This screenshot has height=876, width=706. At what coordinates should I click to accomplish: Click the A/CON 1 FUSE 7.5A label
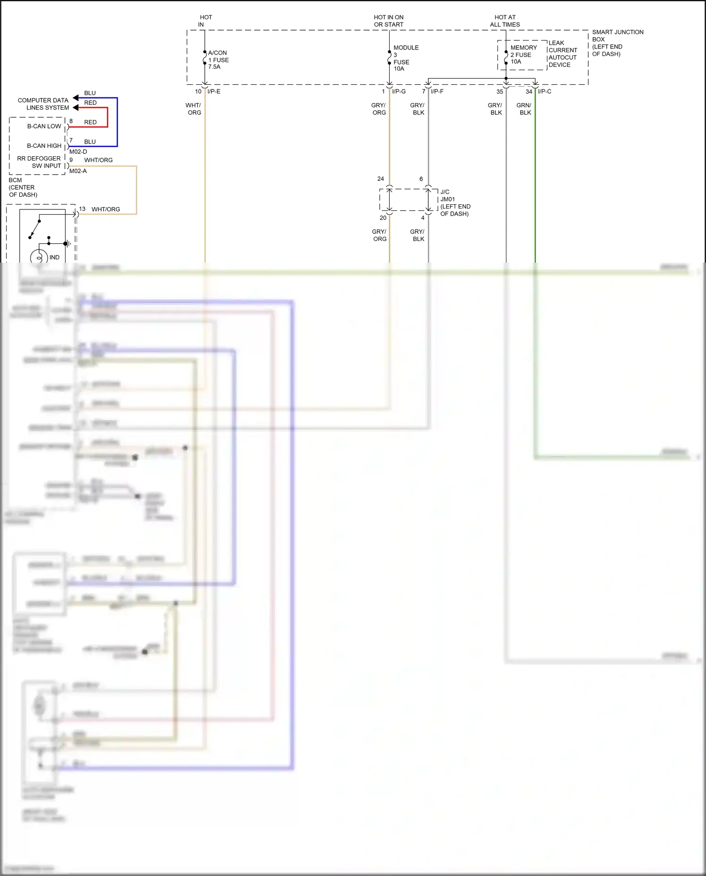pos(218,60)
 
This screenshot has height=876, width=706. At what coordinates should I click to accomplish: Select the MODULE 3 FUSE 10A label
pos(405,58)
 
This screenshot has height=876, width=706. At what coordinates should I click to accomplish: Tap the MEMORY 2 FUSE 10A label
pos(523,55)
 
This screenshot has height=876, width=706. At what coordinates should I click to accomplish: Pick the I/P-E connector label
pos(214,91)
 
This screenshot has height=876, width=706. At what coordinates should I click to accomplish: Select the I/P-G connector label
pos(399,91)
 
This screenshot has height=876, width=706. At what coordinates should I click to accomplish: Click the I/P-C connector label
pos(545,91)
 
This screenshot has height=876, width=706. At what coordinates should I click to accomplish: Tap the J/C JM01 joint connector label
pos(455,203)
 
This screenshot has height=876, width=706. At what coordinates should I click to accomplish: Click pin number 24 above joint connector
pos(380,179)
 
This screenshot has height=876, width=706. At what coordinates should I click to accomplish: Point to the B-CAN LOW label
pos(44,126)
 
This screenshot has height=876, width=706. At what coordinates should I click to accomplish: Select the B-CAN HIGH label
pos(44,146)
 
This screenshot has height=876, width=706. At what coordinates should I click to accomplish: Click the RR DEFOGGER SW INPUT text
pos(39,162)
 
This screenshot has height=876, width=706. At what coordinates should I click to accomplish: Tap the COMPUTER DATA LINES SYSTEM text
pos(43,104)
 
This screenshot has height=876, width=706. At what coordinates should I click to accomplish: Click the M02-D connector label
pos(78,152)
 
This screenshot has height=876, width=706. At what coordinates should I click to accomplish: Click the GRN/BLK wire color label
pos(524,109)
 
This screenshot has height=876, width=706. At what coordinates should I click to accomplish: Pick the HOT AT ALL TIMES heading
pos(505,21)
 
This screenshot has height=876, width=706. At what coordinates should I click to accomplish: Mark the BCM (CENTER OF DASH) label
pos(23,187)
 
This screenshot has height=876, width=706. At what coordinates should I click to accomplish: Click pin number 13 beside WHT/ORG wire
pos(82,209)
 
